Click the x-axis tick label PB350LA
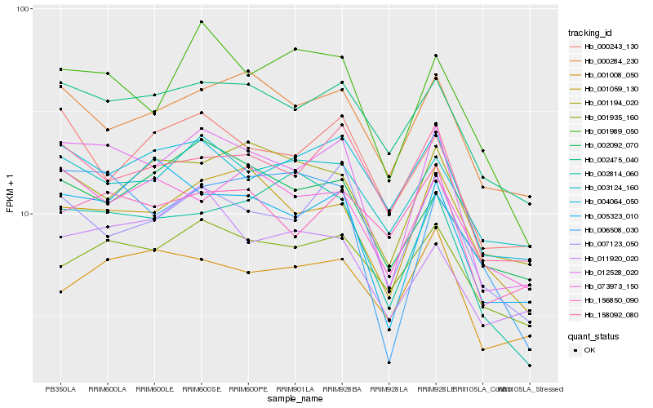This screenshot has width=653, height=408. click(60, 389)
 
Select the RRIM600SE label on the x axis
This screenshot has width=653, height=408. click(202, 389)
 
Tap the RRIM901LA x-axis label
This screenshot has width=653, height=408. click(295, 389)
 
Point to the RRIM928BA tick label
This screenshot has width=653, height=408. click(342, 389)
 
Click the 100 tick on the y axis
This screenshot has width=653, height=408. click(23, 9)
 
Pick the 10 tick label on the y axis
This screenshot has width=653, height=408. click(25, 214)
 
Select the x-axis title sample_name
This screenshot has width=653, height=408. click(295, 399)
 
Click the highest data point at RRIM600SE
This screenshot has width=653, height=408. click(202, 21)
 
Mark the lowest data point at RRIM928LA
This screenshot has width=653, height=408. click(389, 362)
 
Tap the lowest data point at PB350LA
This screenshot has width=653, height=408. click(60, 291)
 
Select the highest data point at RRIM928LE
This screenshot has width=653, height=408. click(436, 55)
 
